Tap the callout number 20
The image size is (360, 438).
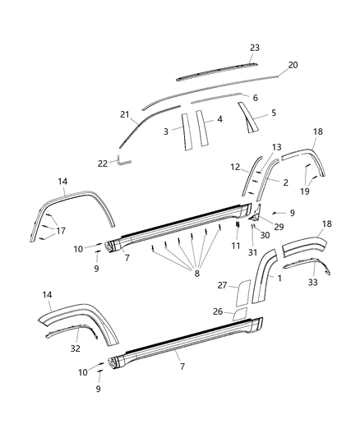(x=293, y=64)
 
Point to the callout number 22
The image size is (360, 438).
(x=103, y=164)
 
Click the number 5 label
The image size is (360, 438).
(x=273, y=113)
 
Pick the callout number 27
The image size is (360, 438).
(x=221, y=285)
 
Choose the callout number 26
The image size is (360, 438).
(x=218, y=311)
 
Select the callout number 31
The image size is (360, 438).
(x=252, y=251)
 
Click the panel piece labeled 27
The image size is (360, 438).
(x=244, y=291)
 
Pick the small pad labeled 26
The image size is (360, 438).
(x=239, y=313)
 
